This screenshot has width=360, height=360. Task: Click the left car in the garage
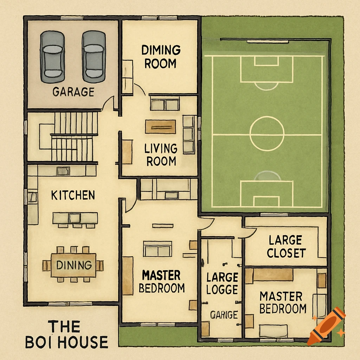click(x=53, y=56)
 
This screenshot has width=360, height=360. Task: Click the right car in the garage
click(x=94, y=56)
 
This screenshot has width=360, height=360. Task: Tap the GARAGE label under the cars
click(x=73, y=92)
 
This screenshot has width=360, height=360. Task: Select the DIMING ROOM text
click(x=161, y=57)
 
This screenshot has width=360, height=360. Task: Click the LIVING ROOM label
click(x=161, y=155)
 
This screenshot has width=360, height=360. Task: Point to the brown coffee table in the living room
click(x=160, y=127)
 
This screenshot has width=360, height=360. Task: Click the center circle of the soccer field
click(x=267, y=134)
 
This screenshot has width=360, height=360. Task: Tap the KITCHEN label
click(x=73, y=195)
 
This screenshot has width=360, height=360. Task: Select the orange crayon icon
click(x=326, y=326)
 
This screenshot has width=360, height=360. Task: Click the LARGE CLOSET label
click(x=285, y=247)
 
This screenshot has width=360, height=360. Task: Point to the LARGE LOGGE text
click(x=222, y=283)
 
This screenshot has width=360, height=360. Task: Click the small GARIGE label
click(x=224, y=315)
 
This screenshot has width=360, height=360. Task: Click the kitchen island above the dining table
click(x=75, y=218)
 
